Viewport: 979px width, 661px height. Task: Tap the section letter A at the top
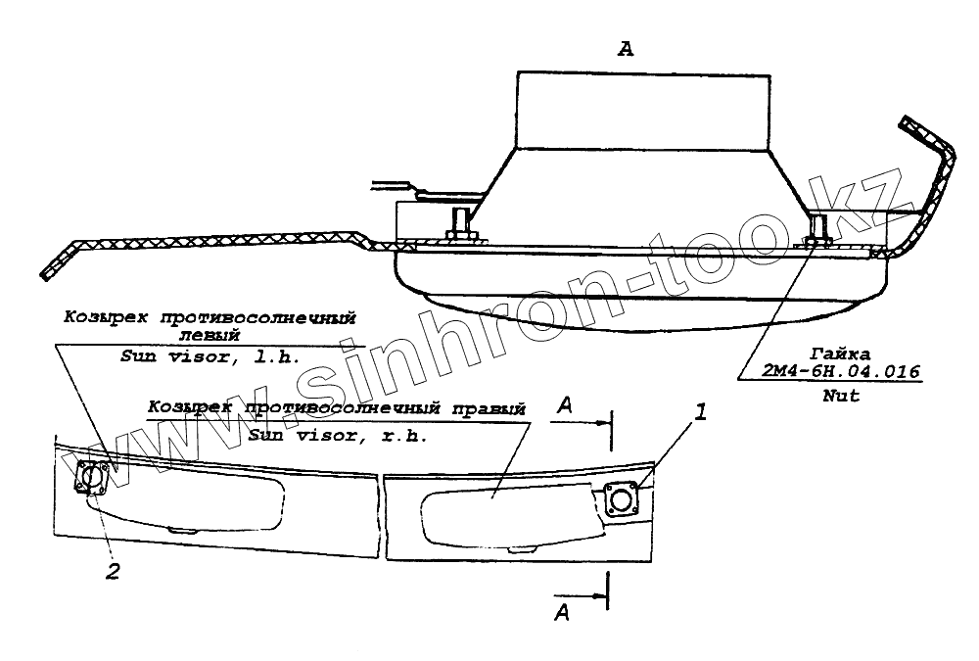[627, 50]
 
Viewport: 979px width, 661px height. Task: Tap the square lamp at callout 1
[622, 500]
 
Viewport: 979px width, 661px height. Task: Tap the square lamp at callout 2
[92, 479]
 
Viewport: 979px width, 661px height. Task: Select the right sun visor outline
[504, 509]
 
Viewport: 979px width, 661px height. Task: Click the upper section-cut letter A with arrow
[565, 404]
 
